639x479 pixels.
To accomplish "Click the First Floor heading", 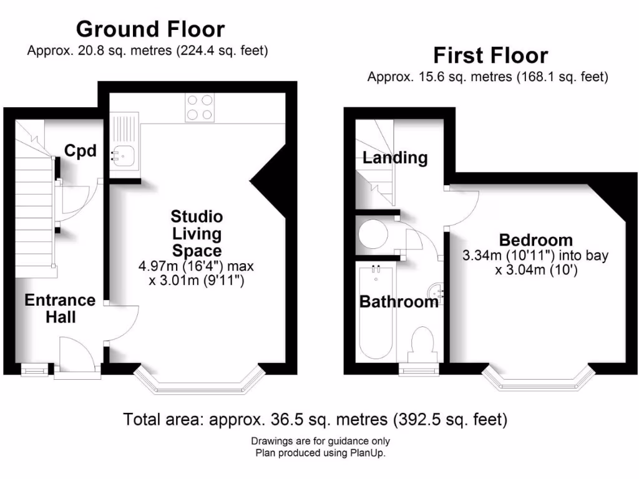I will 490,56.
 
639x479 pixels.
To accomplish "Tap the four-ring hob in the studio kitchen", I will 200,107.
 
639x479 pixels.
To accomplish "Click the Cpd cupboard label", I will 80,150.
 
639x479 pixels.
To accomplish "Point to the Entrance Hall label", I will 60,308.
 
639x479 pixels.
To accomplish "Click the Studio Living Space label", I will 197,234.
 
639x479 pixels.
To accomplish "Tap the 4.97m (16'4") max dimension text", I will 196,266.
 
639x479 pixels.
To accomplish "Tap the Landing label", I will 395,158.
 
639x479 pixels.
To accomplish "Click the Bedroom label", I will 535,239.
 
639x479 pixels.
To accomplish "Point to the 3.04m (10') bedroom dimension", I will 535,269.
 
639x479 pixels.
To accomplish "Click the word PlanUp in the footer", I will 367,453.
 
